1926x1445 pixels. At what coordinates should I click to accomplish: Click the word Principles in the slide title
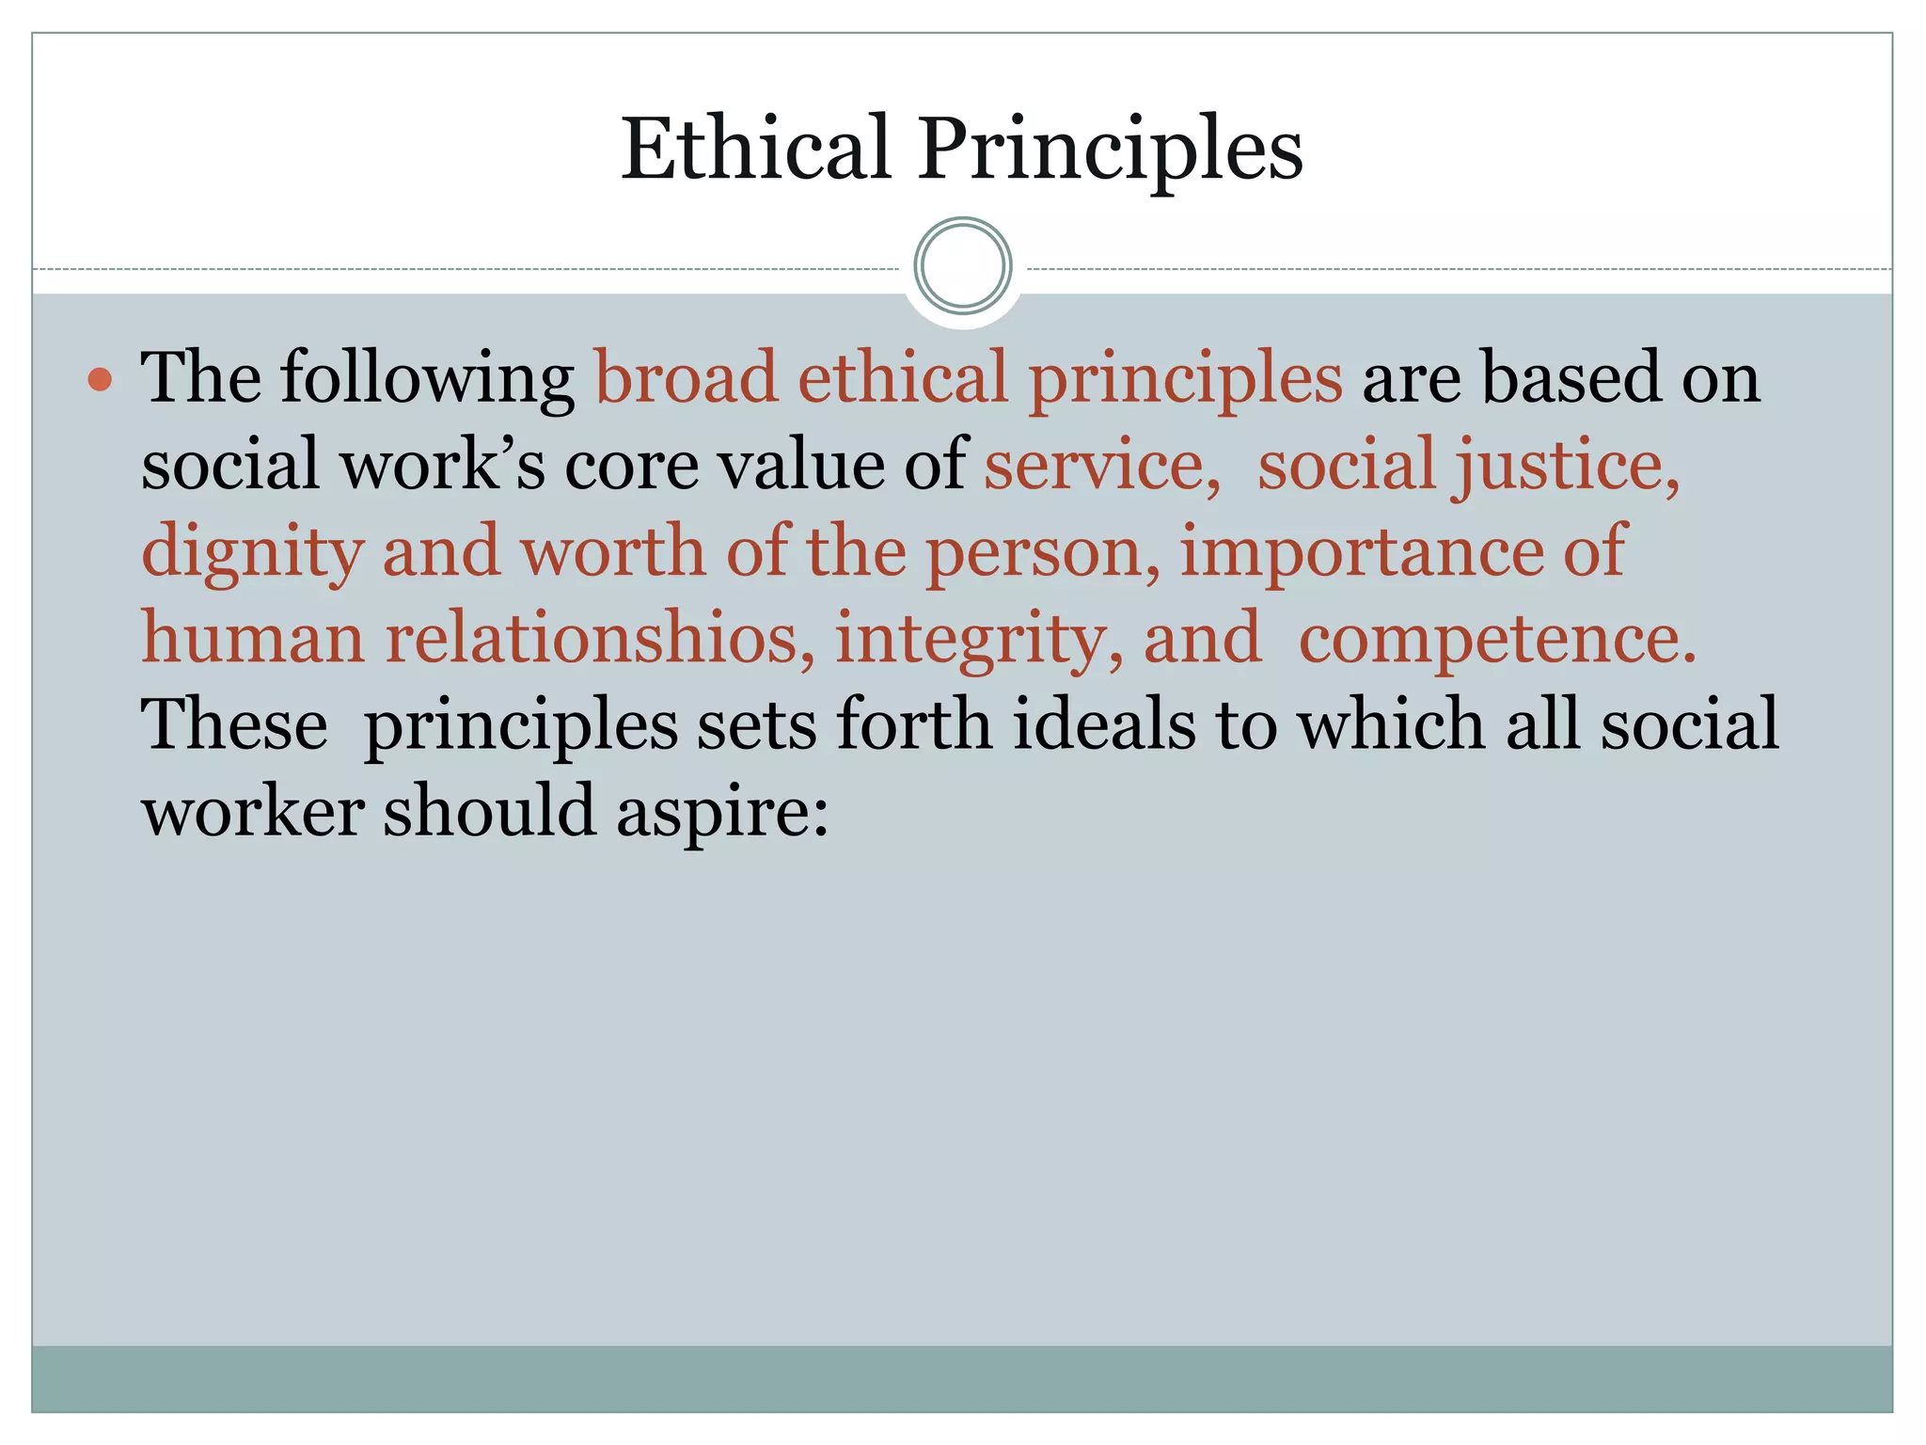point(1111,151)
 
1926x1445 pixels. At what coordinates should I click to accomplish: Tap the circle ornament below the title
point(962,266)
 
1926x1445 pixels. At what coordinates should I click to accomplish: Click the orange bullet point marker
point(99,380)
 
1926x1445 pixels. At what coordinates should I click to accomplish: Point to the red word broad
point(686,378)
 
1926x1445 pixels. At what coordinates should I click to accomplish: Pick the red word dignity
point(252,553)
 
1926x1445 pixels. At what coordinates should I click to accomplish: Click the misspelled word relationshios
point(599,638)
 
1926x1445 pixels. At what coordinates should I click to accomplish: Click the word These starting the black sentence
point(234,724)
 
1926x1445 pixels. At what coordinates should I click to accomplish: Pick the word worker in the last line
point(252,811)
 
